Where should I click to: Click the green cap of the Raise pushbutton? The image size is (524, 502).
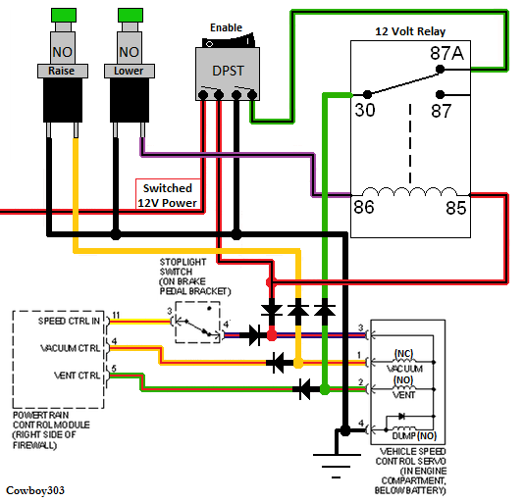click(61, 14)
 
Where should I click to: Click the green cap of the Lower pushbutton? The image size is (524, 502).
click(130, 14)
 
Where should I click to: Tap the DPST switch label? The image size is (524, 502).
click(227, 71)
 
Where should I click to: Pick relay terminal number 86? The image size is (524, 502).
click(366, 206)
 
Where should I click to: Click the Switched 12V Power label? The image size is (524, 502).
click(167, 195)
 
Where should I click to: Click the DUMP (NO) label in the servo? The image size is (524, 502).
click(417, 434)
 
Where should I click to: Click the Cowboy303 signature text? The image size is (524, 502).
click(34, 488)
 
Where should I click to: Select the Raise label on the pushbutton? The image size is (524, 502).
click(61, 71)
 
